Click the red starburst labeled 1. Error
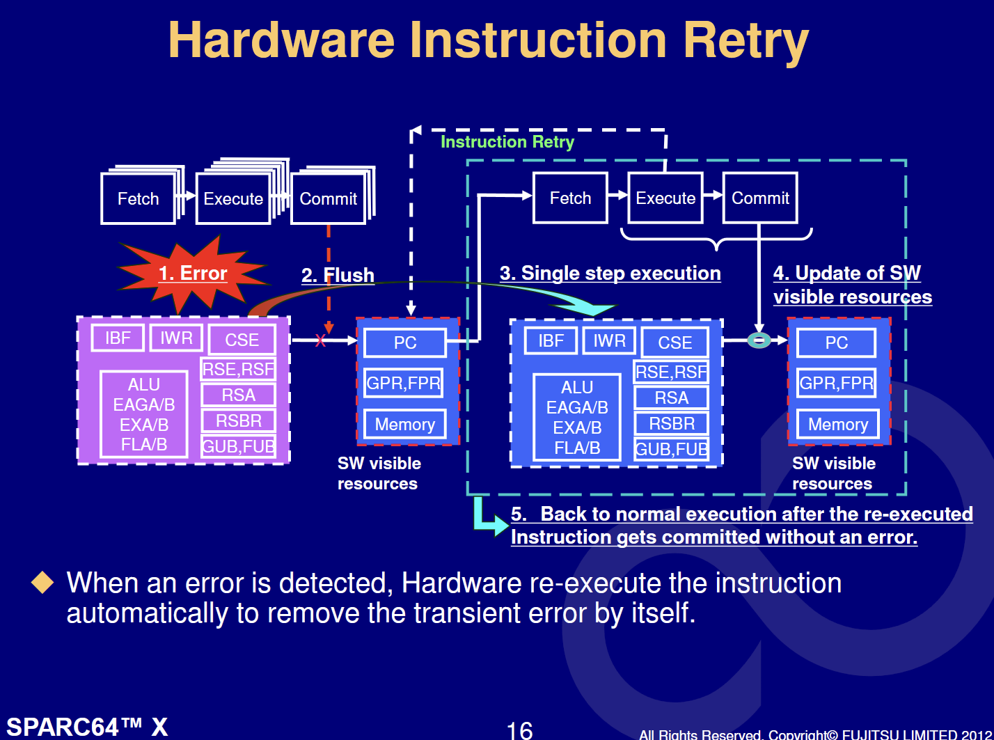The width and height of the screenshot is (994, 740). [193, 274]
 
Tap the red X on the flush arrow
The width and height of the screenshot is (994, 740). [320, 340]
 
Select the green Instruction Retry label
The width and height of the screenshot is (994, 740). [507, 142]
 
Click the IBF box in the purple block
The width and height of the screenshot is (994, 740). [118, 338]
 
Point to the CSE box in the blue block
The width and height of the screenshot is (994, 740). [675, 343]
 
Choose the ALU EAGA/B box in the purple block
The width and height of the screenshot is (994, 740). [144, 414]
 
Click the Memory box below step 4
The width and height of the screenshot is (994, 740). [838, 424]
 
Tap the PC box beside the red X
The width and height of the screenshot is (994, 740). [405, 343]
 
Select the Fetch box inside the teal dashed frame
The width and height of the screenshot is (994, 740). [570, 198]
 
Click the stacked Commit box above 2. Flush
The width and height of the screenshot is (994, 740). [329, 198]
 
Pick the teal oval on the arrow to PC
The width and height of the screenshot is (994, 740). [759, 340]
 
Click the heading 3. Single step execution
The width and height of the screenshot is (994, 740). [610, 273]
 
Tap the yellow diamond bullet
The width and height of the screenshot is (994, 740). [42, 582]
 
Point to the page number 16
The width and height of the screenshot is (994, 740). [519, 730]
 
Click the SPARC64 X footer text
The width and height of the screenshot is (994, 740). [88, 727]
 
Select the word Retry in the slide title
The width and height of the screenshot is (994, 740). [745, 41]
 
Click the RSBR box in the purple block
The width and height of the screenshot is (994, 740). [239, 421]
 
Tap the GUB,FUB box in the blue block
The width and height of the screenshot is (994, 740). [671, 449]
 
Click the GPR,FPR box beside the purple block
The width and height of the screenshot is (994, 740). [403, 383]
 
